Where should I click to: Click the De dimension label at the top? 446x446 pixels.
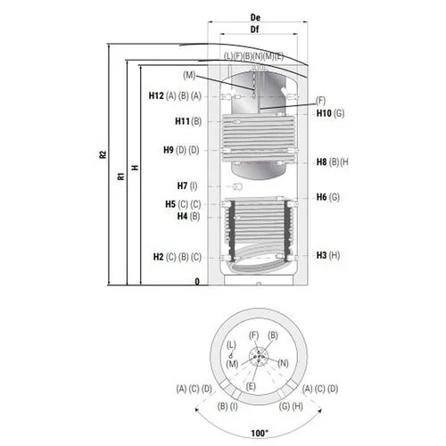pos(255,18)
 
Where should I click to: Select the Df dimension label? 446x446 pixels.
pos(255,29)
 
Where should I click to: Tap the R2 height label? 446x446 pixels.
pos(103,154)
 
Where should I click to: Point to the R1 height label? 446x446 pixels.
pos(121,176)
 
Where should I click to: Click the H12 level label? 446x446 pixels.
pos(156,95)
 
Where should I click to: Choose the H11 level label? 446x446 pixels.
pos(182,121)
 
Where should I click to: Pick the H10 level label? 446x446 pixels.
pos(324,113)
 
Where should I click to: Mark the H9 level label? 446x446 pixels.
pos(169,150)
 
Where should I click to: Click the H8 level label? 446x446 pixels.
pos(321,162)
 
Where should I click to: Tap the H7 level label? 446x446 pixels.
pos(182,186)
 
